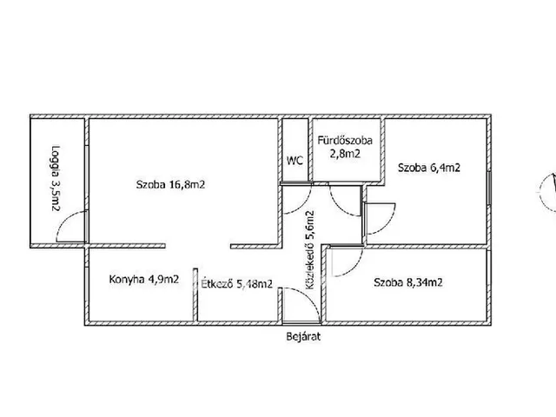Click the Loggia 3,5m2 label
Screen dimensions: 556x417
56,178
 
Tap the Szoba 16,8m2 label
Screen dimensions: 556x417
170,185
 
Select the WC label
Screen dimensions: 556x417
295,161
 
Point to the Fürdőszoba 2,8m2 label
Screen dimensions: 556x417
345,147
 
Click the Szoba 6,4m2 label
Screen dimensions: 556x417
429,168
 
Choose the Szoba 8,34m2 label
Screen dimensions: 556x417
408,282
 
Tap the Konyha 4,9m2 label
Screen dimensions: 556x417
144,280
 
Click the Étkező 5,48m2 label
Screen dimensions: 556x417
237,283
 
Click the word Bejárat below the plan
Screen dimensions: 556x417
303,336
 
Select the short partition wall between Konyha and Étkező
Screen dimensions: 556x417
195,295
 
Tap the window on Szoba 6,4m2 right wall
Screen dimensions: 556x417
489,188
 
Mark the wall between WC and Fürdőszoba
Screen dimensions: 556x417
310,149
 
